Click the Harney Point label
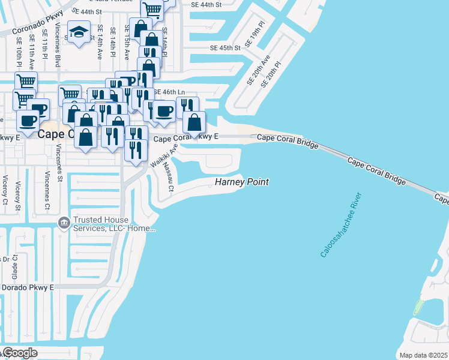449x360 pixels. pyautogui.click(x=242, y=182)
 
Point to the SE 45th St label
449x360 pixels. pyautogui.click(x=225, y=47)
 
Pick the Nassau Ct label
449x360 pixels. pyautogui.click(x=167, y=179)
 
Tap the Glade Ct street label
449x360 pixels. pyautogui.click(x=16, y=265)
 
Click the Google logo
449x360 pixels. pyautogui.click(x=19, y=352)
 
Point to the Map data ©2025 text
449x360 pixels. pyautogui.click(x=423, y=355)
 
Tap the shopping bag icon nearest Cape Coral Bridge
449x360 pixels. pyautogui.click(x=194, y=123)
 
